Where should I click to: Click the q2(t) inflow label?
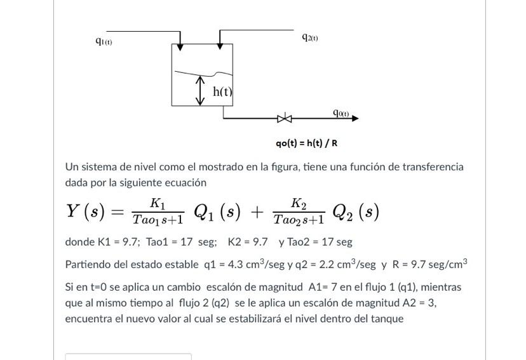click(311, 37)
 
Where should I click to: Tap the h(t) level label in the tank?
click(222, 91)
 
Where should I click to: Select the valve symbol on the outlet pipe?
click(285, 118)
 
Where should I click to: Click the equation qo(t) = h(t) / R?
click(306, 143)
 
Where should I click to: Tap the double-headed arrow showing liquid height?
click(201, 91)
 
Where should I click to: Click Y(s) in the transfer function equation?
click(85, 211)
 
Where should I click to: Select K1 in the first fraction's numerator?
click(157, 203)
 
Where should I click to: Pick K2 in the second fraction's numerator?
click(298, 203)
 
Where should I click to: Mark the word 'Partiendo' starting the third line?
click(88, 264)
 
